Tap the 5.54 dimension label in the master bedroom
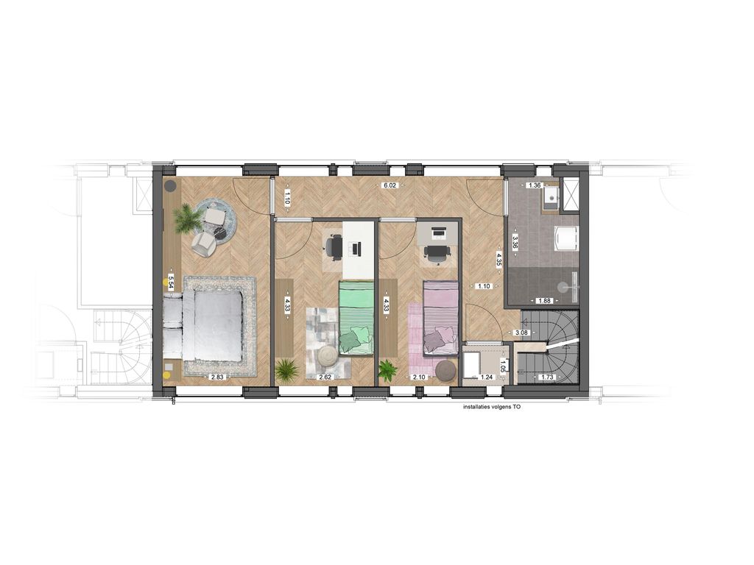click(171, 282)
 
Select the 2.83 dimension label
click(217, 377)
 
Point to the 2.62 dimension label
click(325, 377)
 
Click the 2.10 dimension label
click(419, 377)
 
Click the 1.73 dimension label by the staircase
click(546, 377)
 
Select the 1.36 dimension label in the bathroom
click(535, 185)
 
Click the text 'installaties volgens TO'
click(491, 405)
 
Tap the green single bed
click(356, 318)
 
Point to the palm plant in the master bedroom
click(188, 218)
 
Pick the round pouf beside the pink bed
click(445, 370)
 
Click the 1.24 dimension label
click(485, 377)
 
